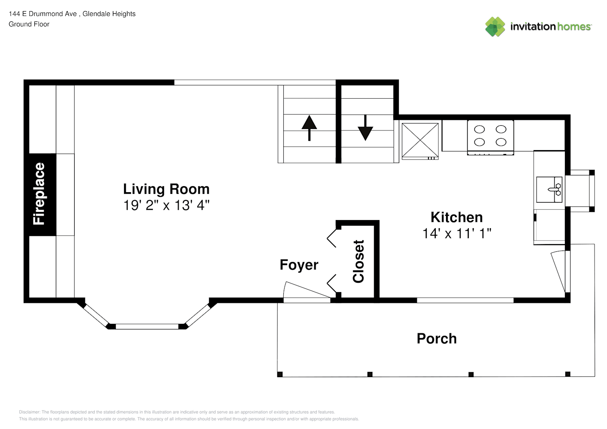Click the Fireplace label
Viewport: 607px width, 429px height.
(x=39, y=193)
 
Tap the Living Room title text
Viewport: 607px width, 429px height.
(x=167, y=189)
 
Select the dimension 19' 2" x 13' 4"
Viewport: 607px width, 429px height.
(x=167, y=205)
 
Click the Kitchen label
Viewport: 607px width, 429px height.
(x=457, y=217)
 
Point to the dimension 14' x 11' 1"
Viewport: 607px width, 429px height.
(x=457, y=233)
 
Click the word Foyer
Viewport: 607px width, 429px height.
(x=299, y=265)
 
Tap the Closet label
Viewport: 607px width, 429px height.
(x=358, y=261)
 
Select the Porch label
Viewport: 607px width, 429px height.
(x=437, y=338)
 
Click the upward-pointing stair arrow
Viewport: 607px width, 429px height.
(x=309, y=128)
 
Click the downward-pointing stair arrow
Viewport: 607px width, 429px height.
(x=365, y=128)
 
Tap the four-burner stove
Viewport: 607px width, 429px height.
(x=490, y=138)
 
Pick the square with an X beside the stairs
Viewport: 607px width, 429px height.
(x=420, y=141)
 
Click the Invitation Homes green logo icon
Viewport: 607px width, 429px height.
(x=495, y=27)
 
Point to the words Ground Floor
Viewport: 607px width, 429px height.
(x=29, y=24)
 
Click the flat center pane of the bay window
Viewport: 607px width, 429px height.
(x=147, y=326)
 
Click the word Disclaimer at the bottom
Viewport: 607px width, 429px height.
(x=30, y=412)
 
